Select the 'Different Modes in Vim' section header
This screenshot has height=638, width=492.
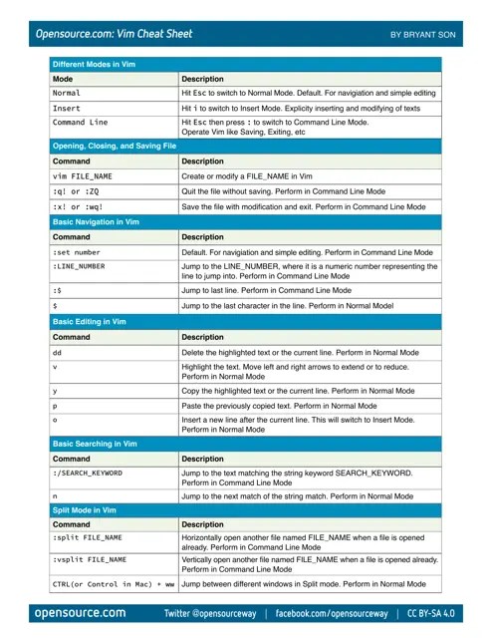[95, 64]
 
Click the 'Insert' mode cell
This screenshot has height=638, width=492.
[67, 108]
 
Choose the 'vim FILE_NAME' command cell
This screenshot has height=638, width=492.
[82, 175]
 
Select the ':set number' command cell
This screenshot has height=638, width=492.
[76, 253]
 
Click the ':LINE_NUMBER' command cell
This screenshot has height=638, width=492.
[79, 267]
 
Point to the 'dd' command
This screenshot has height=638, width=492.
[57, 354]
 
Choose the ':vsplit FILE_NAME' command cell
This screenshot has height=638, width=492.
[89, 561]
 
